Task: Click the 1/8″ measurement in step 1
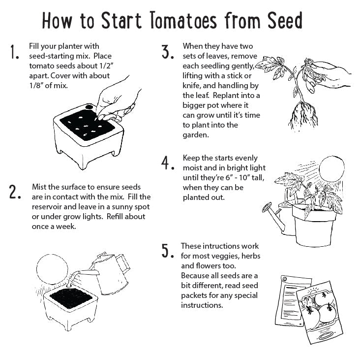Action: click(x=39, y=85)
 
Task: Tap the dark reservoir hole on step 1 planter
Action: click(x=90, y=107)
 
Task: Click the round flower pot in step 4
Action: click(x=314, y=224)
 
